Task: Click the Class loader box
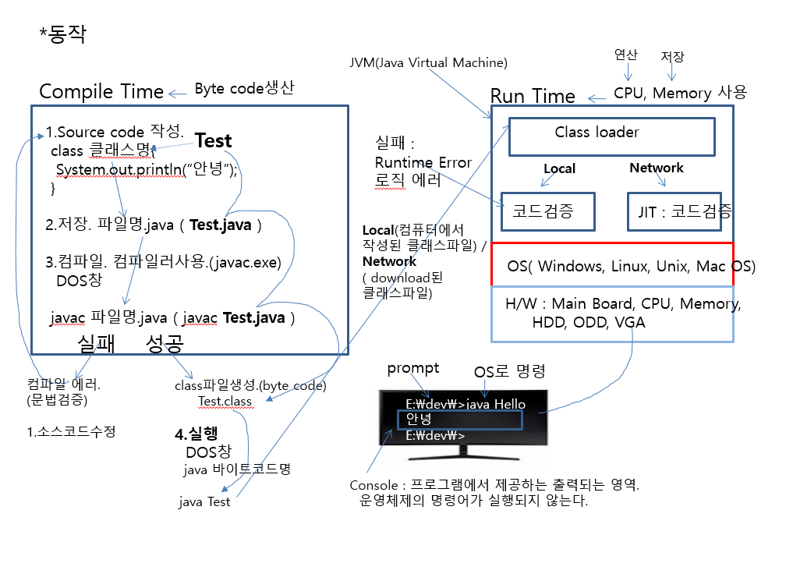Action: tap(611, 136)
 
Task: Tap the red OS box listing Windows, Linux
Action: tap(611, 265)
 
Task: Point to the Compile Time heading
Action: tap(101, 91)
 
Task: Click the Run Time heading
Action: tap(533, 96)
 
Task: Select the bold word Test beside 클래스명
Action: tap(213, 140)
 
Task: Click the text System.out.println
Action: tap(119, 171)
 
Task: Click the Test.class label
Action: tap(225, 401)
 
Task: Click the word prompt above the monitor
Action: tap(413, 368)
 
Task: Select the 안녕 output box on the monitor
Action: tap(458, 420)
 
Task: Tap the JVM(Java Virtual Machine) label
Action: tap(429, 62)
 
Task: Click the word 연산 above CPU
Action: tap(626, 55)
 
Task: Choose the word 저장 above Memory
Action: tap(672, 57)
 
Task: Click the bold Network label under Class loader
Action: tap(657, 168)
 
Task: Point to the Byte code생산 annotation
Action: tap(244, 89)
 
